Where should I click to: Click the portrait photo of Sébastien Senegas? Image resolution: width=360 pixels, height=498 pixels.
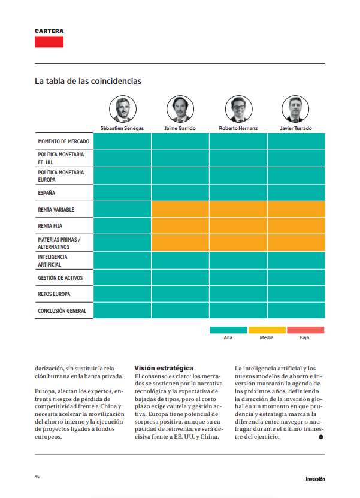pos(122,109)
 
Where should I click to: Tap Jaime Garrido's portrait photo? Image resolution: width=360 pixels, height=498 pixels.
pos(180,109)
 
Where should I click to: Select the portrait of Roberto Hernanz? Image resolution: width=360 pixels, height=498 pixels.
pos(238,109)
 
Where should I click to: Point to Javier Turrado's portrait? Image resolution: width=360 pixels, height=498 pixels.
pos(295,109)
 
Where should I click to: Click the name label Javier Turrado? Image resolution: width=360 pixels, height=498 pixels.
pos(295,128)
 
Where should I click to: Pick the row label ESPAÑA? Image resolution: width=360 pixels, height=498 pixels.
pos(47,193)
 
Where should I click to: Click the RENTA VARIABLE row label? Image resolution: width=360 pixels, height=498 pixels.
pos(56,210)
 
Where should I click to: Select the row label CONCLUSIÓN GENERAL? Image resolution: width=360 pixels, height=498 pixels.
pos(62,311)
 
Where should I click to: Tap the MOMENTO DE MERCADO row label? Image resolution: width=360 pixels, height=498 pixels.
pos(63,141)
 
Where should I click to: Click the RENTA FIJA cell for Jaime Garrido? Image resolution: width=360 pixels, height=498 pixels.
pos(180,226)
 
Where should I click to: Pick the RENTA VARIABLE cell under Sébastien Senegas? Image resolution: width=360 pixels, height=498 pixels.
pos(122,210)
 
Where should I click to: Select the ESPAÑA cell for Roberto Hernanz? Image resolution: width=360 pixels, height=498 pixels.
pos(238,193)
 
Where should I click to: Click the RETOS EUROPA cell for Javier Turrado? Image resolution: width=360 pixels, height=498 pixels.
pos(296,294)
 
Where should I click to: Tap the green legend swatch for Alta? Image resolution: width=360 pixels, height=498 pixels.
pos(228,330)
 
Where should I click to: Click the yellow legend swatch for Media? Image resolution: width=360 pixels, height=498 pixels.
pos(267,330)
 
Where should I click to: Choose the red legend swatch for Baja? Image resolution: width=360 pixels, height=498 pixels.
pos(305,330)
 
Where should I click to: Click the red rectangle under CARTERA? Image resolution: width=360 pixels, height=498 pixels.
pos(49,42)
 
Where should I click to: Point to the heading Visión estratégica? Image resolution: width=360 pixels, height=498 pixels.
pos(164,367)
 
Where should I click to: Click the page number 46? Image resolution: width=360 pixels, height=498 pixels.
pos(37,476)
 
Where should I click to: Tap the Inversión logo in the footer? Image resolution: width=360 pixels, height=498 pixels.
pos(315,478)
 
